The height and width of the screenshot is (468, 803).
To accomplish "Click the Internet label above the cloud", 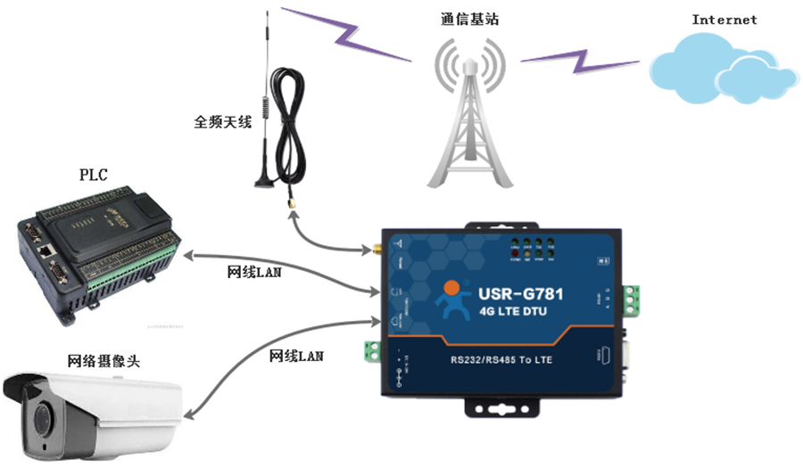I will pos(724,20).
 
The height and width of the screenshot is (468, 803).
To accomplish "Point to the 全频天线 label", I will pos(222,121).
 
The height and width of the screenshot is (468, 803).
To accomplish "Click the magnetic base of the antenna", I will pos(265,183).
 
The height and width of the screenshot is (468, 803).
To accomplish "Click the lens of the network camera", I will pos(41,418).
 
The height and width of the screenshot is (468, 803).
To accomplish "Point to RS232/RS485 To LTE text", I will pos(500,362).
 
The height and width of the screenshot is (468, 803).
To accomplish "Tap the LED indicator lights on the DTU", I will pos(532,250).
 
